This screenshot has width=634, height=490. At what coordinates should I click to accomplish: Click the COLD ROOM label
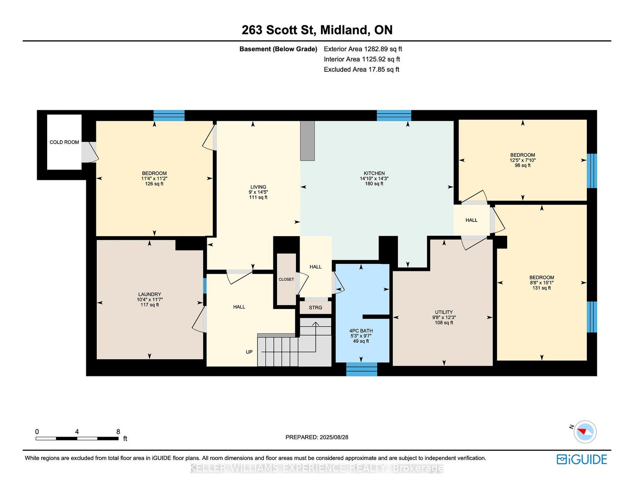click(x=64, y=142)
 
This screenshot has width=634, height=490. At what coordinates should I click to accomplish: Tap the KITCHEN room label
click(x=374, y=173)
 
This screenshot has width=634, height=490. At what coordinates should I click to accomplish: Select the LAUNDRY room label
click(x=150, y=294)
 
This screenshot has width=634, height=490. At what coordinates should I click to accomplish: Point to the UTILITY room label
click(x=444, y=312)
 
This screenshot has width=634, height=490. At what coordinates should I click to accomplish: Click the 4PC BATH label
click(x=361, y=331)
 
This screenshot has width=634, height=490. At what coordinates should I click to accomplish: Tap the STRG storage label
click(x=315, y=307)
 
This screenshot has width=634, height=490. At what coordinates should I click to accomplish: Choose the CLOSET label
click(x=286, y=279)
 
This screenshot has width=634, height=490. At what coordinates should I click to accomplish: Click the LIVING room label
click(x=258, y=187)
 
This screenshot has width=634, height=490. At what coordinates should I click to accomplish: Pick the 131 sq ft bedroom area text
click(x=542, y=288)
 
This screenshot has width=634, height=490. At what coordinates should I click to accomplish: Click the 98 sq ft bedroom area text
click(x=523, y=165)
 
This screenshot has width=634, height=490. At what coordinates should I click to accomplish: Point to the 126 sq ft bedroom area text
click(x=155, y=184)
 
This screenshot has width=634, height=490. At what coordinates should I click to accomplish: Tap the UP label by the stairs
click(x=249, y=352)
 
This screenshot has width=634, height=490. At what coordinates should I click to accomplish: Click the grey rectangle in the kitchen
click(x=307, y=141)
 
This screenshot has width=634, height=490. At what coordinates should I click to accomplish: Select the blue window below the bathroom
click(x=361, y=369)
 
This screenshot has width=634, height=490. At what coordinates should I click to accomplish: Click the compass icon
click(x=585, y=432)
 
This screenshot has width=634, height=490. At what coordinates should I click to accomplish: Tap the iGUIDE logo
click(x=582, y=459)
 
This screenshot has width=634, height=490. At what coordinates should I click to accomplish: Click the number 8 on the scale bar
click(x=118, y=432)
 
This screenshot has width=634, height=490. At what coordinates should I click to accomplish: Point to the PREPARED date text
click(x=317, y=437)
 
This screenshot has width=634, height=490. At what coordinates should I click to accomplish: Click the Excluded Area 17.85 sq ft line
click(x=361, y=69)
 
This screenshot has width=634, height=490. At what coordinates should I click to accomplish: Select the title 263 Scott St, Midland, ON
click(x=317, y=30)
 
